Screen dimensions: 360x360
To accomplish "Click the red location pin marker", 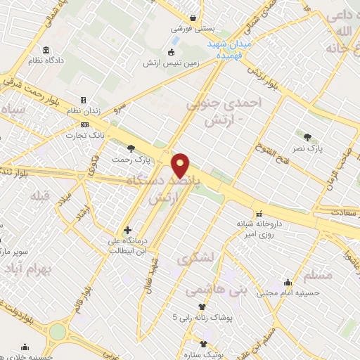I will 181,165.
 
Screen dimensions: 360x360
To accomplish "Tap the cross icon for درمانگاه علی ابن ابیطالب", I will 127,230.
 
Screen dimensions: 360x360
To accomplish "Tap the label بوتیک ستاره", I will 205,356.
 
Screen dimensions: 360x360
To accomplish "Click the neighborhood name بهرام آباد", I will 22,271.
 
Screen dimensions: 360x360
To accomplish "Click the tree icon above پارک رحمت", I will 131,147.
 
